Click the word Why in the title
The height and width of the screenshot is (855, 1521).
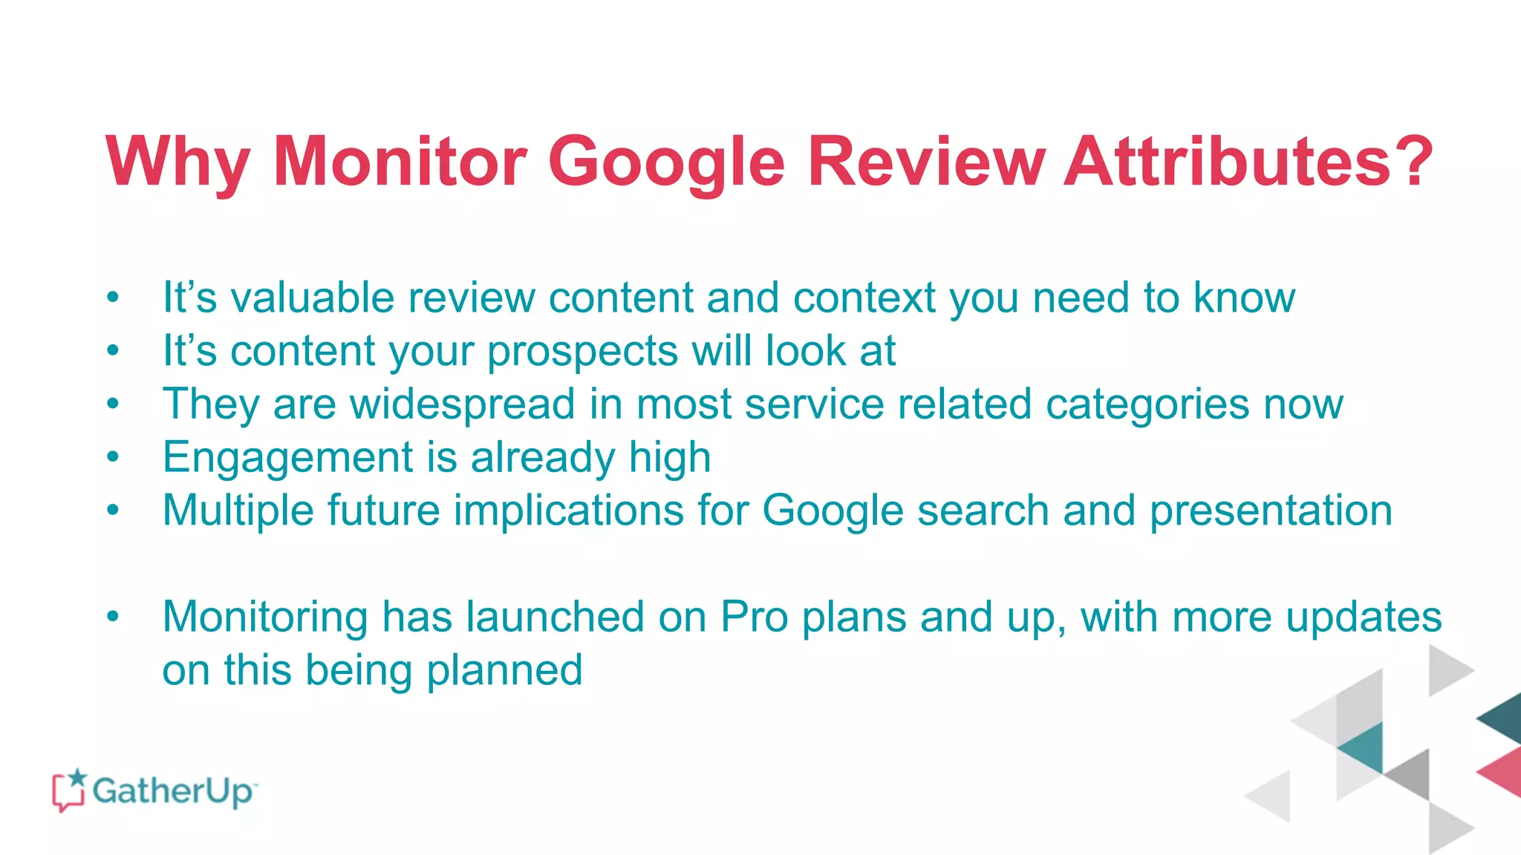click(x=177, y=162)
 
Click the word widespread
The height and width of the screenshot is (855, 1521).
click(x=463, y=404)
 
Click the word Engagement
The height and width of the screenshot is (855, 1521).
click(x=287, y=457)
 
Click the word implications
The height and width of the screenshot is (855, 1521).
click(x=569, y=511)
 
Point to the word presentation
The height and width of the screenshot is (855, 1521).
click(x=1271, y=511)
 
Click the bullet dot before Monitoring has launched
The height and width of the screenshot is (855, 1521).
click(x=113, y=617)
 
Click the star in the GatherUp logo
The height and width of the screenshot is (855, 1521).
click(x=76, y=777)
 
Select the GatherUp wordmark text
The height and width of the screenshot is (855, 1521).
click(x=173, y=791)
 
